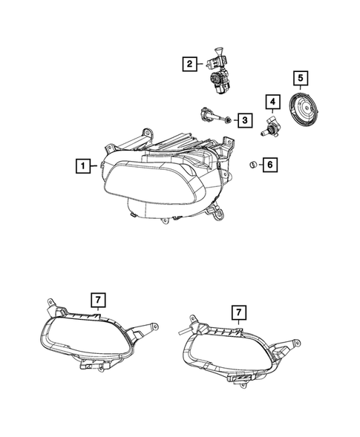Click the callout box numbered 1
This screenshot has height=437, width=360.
click(85, 165)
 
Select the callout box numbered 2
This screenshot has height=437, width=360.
click(190, 65)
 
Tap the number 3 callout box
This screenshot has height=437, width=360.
click(243, 119)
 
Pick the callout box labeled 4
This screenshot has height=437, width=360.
click(273, 101)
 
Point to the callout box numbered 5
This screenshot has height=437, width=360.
click(300, 77)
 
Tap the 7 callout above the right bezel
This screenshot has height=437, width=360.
click(238, 312)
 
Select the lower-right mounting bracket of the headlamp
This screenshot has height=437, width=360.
click(217, 214)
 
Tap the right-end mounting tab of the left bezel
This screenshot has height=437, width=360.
click(151, 327)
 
